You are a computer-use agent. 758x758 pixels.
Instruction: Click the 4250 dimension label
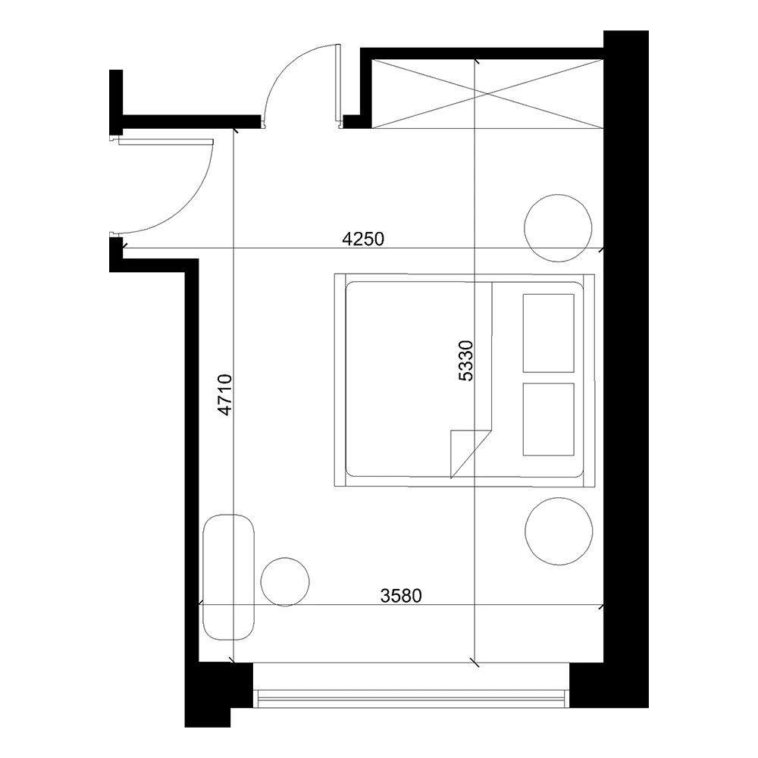click(x=365, y=240)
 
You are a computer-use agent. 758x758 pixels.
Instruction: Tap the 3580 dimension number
click(x=400, y=595)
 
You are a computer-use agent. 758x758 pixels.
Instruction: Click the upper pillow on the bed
click(x=548, y=333)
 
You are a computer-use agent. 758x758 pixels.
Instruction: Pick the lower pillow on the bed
click(x=548, y=418)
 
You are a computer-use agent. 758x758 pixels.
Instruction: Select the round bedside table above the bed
click(x=559, y=227)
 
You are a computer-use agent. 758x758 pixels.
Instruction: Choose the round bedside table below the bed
click(x=559, y=530)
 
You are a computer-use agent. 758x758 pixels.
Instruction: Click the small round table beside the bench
click(x=285, y=581)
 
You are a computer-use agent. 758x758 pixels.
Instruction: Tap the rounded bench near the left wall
click(x=230, y=577)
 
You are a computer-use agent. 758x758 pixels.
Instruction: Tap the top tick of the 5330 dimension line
click(x=475, y=61)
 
